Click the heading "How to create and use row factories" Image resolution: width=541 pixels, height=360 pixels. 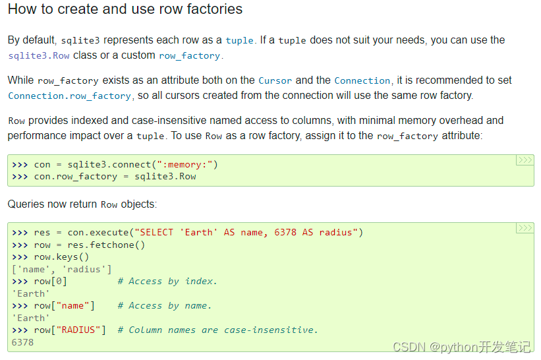(x=125, y=10)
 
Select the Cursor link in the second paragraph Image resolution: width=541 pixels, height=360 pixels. (x=275, y=80)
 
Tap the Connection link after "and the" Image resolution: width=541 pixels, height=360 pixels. (x=362, y=80)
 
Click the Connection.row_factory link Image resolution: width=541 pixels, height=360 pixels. (x=69, y=96)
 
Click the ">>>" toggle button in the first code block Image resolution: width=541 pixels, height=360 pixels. (x=525, y=160)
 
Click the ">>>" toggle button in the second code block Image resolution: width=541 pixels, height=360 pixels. (x=525, y=228)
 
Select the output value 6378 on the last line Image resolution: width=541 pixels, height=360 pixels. (x=22, y=342)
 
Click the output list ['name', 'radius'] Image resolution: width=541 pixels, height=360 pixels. (x=61, y=269)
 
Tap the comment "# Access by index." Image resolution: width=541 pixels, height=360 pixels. (x=167, y=282)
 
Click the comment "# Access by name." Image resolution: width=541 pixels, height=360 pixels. (x=165, y=306)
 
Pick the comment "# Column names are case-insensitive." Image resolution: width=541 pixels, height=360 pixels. (x=217, y=330)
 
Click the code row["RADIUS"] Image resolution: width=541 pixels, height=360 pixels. (x=70, y=330)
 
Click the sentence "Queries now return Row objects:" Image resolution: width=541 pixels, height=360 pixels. (x=82, y=204)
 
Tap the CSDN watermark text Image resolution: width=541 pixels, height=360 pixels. (x=461, y=347)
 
